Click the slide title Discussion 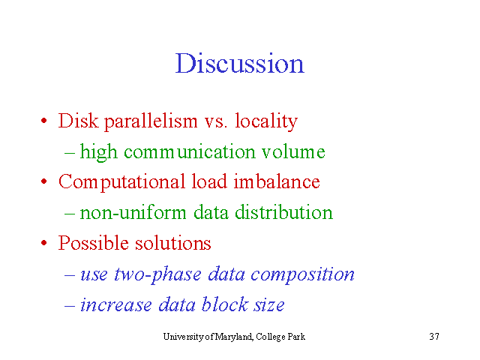pyautogui.click(x=240, y=63)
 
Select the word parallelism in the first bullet pyautogui.click(x=151, y=121)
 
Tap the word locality pyautogui.click(x=266, y=121)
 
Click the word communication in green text pyautogui.click(x=190, y=151)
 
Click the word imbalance pyautogui.click(x=277, y=181)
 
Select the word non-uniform pyautogui.click(x=133, y=212)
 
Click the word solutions pyautogui.click(x=173, y=243)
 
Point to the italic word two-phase pyautogui.click(x=157, y=274)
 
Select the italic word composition pyautogui.click(x=302, y=274)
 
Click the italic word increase pyautogui.click(x=116, y=305)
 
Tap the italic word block pyautogui.click(x=225, y=304)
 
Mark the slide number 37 pyautogui.click(x=434, y=337)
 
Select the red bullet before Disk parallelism pyautogui.click(x=43, y=121)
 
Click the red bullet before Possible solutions pyautogui.click(x=43, y=243)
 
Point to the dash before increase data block pyautogui.click(x=70, y=306)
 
